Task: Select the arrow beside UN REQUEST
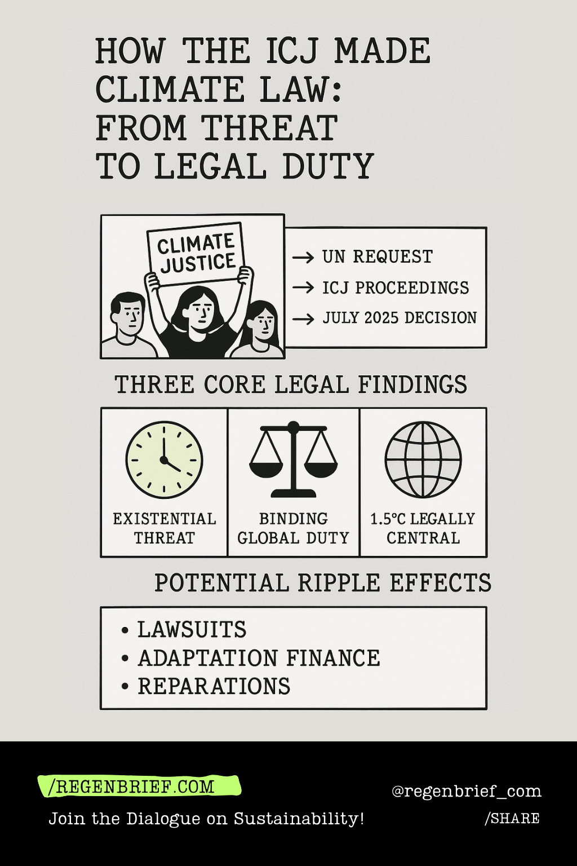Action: pyautogui.click(x=303, y=258)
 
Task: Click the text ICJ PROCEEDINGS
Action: pyautogui.click(x=396, y=288)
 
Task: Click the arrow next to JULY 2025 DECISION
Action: pyautogui.click(x=303, y=319)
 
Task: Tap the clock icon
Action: pyautogui.click(x=164, y=459)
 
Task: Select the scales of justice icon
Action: pyautogui.click(x=293, y=459)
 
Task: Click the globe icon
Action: pyautogui.click(x=423, y=459)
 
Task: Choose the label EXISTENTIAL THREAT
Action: pyautogui.click(x=164, y=528)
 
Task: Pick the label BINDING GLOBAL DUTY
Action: pyautogui.click(x=293, y=528)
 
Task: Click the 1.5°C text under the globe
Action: pyautogui.click(x=387, y=519)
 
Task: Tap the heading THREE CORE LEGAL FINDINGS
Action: pyautogui.click(x=291, y=385)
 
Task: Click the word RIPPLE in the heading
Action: pyautogui.click(x=339, y=583)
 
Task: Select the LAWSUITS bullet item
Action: pyautogui.click(x=192, y=630)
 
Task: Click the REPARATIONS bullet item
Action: pyautogui.click(x=214, y=687)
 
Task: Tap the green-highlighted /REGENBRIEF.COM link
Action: pyautogui.click(x=135, y=787)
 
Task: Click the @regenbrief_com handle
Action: pyautogui.click(x=466, y=792)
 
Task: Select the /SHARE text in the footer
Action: pyautogui.click(x=512, y=819)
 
